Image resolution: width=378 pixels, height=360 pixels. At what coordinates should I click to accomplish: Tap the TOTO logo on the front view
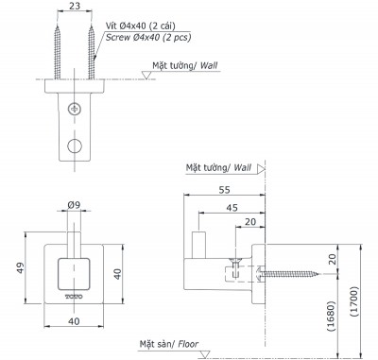(73, 296)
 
